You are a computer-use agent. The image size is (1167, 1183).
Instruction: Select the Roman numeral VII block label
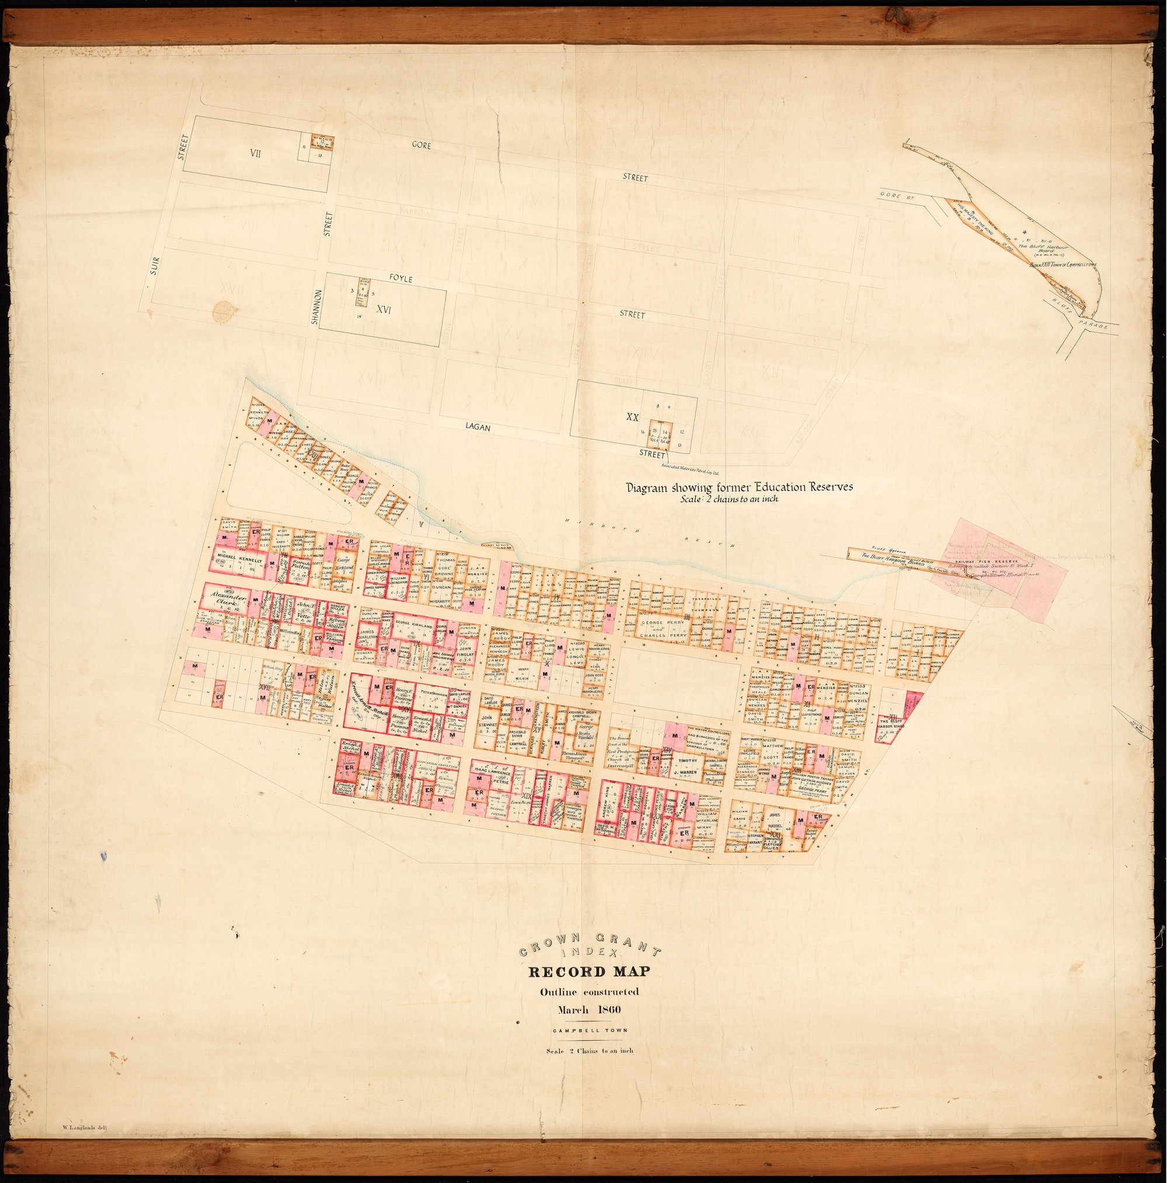coord(255,154)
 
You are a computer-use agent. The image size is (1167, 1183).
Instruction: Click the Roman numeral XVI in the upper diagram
coord(384,310)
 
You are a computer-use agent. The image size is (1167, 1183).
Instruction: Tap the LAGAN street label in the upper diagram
coord(478,428)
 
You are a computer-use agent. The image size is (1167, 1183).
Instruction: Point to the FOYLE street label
coord(401,279)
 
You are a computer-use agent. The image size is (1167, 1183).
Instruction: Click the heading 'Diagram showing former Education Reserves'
coord(738,488)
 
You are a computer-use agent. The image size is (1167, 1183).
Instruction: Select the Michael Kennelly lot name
coord(238,561)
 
